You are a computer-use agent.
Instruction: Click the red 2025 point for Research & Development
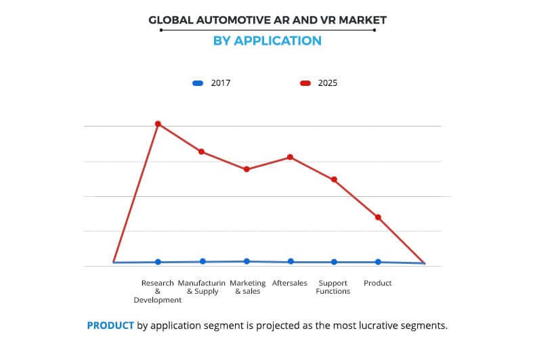[x=158, y=124]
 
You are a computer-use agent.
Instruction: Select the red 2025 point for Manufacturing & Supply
[x=202, y=152]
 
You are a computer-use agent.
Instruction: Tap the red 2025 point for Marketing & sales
[x=247, y=169]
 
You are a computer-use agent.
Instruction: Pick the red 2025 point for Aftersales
[x=291, y=157]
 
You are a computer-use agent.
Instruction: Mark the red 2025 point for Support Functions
[x=334, y=179]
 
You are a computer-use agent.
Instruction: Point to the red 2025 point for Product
[x=378, y=217]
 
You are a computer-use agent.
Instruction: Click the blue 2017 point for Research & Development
[x=158, y=262]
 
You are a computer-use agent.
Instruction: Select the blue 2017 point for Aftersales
[x=291, y=261]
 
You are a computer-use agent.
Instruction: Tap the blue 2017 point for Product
[x=378, y=262]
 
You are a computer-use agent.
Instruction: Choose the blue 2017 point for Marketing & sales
[x=247, y=261]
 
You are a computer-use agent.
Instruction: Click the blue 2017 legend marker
[x=198, y=83]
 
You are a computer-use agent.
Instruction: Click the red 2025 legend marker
[x=305, y=83]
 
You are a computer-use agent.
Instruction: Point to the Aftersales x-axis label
[x=290, y=283]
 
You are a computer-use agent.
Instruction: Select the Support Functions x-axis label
[x=333, y=287]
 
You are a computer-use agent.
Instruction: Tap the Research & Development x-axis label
[x=158, y=291]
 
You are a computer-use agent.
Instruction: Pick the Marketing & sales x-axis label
[x=247, y=287]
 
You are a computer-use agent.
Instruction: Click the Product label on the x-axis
[x=378, y=283]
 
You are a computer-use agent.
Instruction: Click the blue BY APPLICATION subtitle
[x=267, y=41]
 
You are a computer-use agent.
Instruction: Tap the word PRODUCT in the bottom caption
[x=110, y=325]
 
